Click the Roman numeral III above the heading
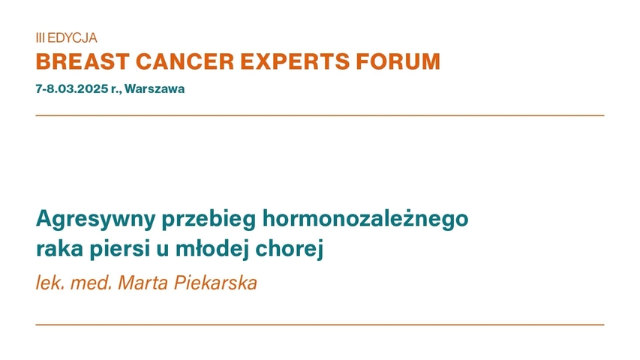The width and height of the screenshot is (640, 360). pos(40,37)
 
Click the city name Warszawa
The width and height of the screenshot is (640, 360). pos(155,88)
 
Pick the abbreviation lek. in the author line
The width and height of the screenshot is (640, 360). pos(48,284)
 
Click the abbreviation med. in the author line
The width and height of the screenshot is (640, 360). pos(86,284)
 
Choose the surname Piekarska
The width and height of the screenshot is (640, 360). pos(216,284)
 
